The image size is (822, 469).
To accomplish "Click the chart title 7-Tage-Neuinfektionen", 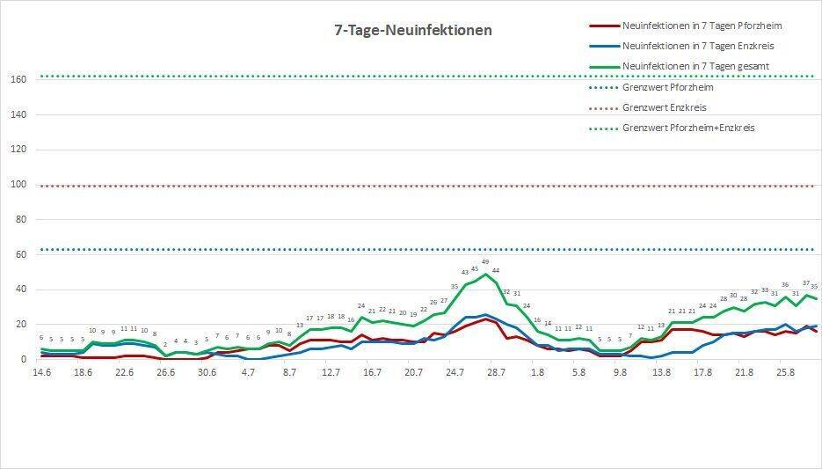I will (413, 31).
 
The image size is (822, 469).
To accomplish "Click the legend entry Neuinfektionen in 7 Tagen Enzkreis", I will (697, 46).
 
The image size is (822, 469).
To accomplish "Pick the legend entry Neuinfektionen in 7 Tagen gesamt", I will (696, 66).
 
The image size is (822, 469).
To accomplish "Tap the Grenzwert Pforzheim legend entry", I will (667, 87).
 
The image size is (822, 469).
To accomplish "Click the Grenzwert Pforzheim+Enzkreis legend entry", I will (687, 128).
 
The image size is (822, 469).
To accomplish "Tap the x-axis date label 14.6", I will (41, 372).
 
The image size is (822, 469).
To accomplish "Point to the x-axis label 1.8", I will (537, 372).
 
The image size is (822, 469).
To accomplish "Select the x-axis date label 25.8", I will (786, 372).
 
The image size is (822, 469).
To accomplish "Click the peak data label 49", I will (485, 262).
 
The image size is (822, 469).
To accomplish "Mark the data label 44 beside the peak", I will (496, 271).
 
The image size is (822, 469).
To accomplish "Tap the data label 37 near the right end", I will (806, 283).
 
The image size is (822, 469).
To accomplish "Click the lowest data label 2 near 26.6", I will (165, 344).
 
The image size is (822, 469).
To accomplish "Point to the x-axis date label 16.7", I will (372, 372).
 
